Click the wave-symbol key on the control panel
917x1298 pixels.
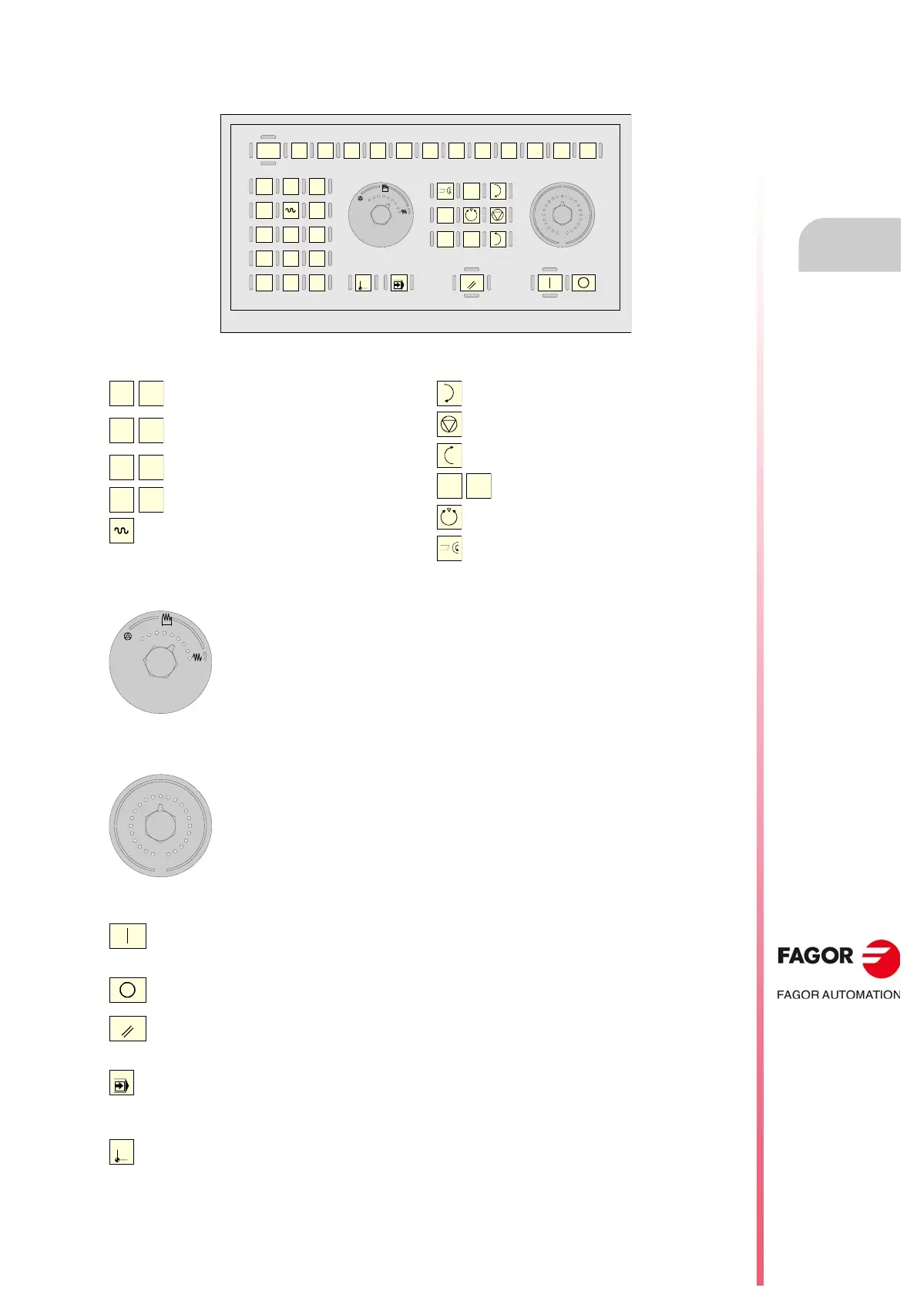[x=291, y=210]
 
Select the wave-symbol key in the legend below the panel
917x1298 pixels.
[x=122, y=531]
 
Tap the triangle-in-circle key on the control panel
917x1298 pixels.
[x=498, y=215]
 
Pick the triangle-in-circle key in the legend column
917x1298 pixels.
[x=449, y=424]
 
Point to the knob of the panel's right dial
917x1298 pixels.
[x=563, y=215]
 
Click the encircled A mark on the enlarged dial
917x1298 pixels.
[x=128, y=637]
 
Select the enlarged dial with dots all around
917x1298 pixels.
[x=160, y=826]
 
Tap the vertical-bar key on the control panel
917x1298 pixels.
[x=549, y=283]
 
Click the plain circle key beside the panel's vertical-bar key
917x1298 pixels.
[x=583, y=283]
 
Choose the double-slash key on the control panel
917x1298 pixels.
[x=472, y=284]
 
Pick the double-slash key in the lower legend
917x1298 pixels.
[x=128, y=1029]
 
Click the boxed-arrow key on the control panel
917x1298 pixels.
[x=398, y=284]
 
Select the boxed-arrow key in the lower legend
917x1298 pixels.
[x=122, y=1083]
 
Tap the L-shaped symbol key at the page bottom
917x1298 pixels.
[x=122, y=1152]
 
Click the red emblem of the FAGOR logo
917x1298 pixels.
[x=881, y=958]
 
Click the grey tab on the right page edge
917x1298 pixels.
[x=849, y=245]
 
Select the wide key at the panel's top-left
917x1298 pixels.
[x=268, y=150]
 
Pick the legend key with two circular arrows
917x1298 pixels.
[x=449, y=516]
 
